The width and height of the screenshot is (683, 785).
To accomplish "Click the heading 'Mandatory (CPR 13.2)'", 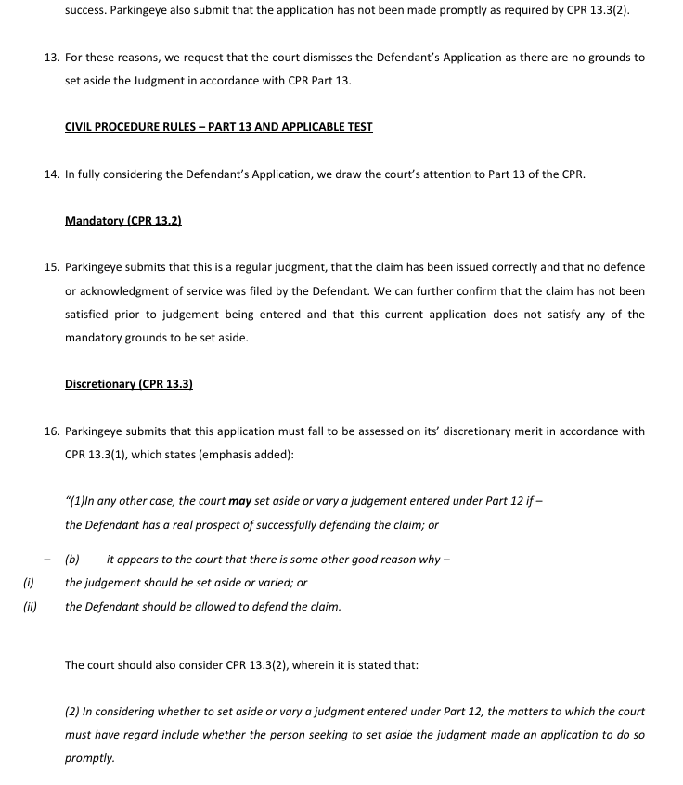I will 123,221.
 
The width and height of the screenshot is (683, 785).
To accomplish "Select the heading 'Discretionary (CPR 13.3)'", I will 129,384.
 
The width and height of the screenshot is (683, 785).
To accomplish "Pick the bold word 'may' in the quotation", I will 240,501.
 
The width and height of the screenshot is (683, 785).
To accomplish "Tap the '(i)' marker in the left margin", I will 28,583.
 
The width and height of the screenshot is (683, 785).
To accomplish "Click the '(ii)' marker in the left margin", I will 30,607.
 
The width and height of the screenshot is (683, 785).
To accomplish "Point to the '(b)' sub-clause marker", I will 72,560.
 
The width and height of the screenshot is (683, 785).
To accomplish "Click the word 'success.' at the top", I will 86,11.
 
